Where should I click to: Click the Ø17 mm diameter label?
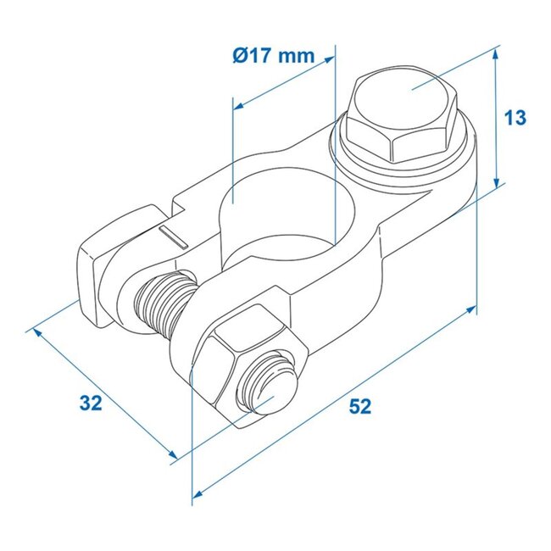272,58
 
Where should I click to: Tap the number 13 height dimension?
515,118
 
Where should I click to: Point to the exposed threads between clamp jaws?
161,303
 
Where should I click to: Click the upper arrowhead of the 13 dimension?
494,52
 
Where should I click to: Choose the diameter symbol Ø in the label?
238,58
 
